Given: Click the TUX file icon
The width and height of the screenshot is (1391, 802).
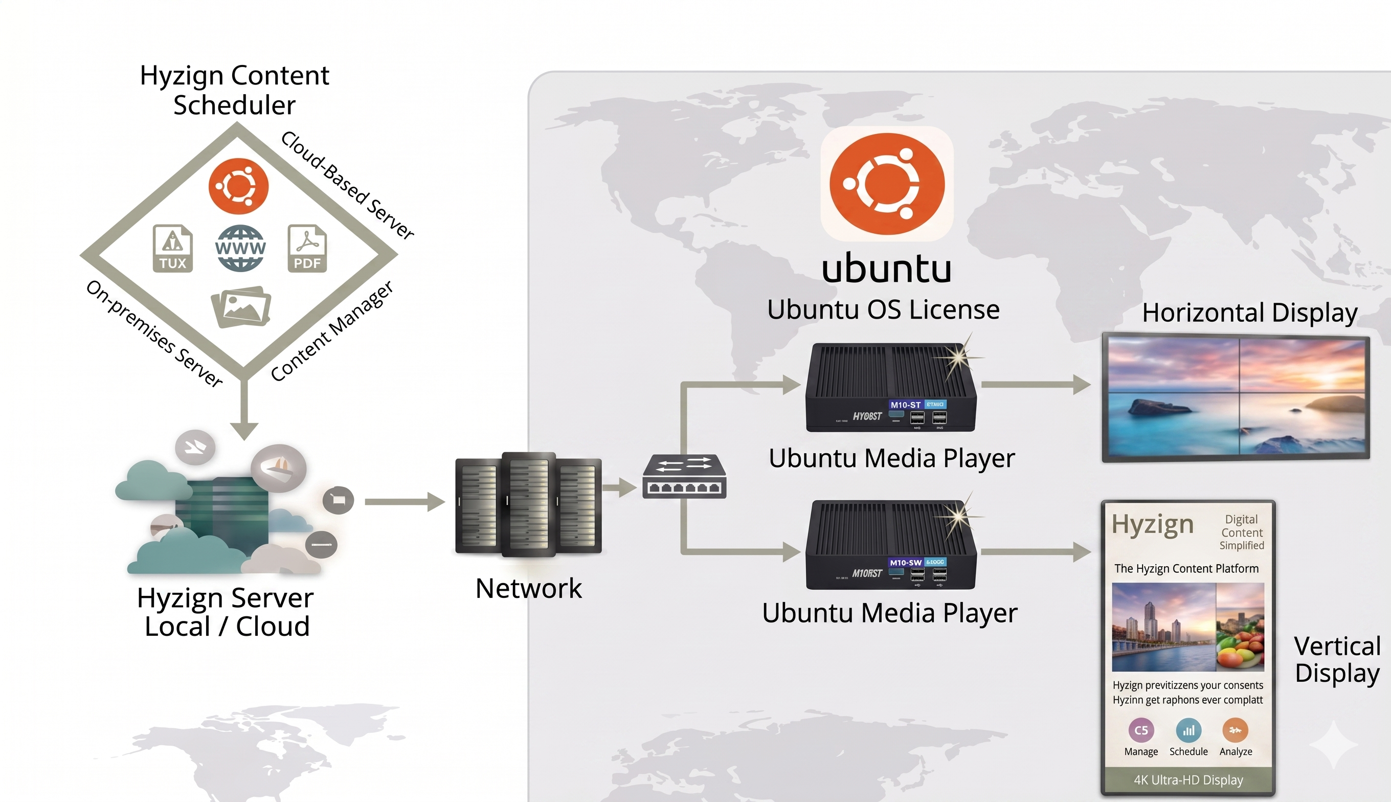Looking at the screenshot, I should pyautogui.click(x=173, y=249).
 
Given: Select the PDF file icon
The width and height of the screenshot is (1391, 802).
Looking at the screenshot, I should pyautogui.click(x=307, y=249).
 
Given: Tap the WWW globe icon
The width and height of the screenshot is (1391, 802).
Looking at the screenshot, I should pyautogui.click(x=240, y=249).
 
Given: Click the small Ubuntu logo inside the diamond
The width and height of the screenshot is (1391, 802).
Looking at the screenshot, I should pyautogui.click(x=238, y=186).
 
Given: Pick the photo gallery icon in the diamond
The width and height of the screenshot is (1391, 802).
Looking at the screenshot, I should pyautogui.click(x=241, y=307).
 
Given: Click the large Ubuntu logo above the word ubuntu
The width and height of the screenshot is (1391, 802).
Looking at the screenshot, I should pyautogui.click(x=887, y=184).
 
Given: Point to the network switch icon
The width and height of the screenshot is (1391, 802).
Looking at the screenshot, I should pyautogui.click(x=684, y=477).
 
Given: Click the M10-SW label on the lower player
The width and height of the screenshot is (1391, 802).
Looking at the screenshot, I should pyautogui.click(x=905, y=563).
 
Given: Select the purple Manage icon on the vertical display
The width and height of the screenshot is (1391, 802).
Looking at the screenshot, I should pyautogui.click(x=1141, y=730).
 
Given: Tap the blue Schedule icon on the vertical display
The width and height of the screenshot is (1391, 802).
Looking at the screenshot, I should pyautogui.click(x=1188, y=730).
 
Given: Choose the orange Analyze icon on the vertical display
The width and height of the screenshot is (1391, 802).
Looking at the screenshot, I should pyautogui.click(x=1235, y=730).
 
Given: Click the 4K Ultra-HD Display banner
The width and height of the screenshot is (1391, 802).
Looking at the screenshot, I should pyautogui.click(x=1188, y=780).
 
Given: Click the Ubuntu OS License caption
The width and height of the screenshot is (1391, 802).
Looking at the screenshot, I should pyautogui.click(x=883, y=309).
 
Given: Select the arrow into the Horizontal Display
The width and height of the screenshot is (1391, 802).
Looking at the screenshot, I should pyautogui.click(x=1035, y=385).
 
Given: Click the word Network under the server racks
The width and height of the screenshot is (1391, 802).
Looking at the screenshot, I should pyautogui.click(x=528, y=588).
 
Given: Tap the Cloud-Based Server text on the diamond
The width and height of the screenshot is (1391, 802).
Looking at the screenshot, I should pyautogui.click(x=347, y=185).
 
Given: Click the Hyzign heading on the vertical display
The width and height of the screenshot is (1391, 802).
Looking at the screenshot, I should pyautogui.click(x=1152, y=524).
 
